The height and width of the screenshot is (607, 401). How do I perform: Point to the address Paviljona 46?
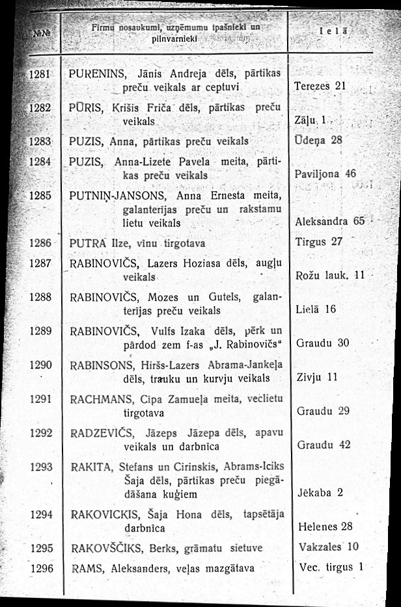pyautogui.click(x=325, y=174)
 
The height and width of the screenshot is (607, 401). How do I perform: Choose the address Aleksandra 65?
pyautogui.click(x=329, y=222)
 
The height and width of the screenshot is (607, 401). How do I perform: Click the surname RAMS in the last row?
pyautogui.click(x=83, y=568)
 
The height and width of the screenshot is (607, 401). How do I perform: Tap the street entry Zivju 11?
pyautogui.click(x=318, y=377)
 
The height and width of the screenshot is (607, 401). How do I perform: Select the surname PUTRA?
pyautogui.click(x=89, y=242)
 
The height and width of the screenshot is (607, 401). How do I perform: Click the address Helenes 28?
pyautogui.click(x=324, y=526)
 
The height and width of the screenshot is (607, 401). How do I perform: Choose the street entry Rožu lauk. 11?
pyautogui.click(x=329, y=276)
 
